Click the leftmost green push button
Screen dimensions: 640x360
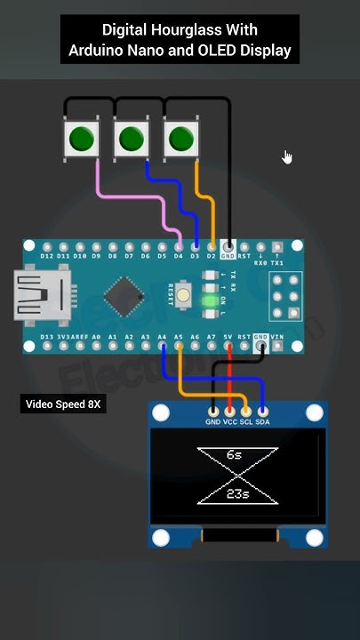point(82,138)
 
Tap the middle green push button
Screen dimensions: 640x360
point(132,138)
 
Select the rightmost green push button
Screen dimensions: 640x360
point(181,138)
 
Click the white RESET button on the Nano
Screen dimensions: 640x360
point(185,294)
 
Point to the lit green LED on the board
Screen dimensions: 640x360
point(210,301)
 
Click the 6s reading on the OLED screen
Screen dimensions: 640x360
point(235,454)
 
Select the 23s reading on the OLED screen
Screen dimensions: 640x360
point(236,493)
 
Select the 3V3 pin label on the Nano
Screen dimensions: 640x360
point(64,338)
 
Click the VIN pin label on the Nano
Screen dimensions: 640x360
point(276,337)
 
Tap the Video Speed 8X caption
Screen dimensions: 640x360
point(63,404)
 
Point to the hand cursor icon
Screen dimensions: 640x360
point(287,157)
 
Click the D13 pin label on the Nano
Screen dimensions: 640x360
point(48,338)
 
